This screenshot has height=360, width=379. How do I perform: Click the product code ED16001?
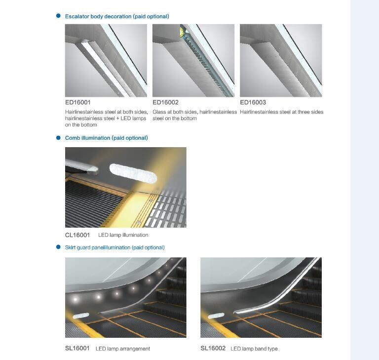click(x=77, y=102)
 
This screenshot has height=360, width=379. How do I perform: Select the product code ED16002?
click(x=165, y=102)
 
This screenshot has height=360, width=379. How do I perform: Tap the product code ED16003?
click(x=253, y=102)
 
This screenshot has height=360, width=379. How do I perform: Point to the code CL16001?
click(x=77, y=235)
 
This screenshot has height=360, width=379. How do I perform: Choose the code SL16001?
click(x=77, y=348)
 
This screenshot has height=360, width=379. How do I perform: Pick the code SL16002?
click(x=213, y=348)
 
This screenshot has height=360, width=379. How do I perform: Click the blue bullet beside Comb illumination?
click(x=58, y=138)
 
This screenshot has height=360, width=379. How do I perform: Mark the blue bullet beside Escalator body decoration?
click(x=58, y=16)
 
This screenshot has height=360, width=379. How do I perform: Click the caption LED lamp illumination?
click(x=123, y=235)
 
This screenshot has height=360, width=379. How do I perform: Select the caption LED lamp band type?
click(x=254, y=349)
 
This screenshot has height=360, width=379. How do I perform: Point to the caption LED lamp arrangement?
click(x=123, y=349)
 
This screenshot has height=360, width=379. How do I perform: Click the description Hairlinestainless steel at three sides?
click(x=282, y=112)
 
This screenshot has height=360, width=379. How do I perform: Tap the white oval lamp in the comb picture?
click(x=133, y=173)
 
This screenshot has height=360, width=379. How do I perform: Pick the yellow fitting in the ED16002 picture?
click(x=182, y=31)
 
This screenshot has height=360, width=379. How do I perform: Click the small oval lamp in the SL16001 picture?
click(x=81, y=316)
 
